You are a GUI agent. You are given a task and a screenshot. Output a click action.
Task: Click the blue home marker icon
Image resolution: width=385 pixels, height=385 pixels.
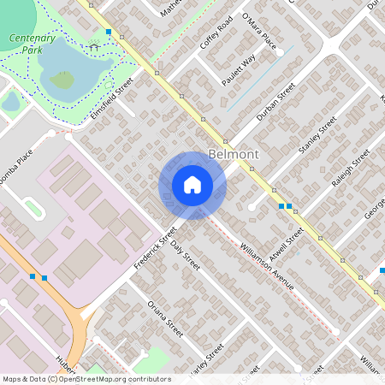click(x=192, y=185)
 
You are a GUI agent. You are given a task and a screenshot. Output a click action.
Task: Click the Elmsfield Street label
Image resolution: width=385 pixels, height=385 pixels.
click(x=112, y=99)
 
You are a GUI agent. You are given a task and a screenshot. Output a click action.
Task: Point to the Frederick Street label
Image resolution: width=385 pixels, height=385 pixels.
click(x=155, y=247)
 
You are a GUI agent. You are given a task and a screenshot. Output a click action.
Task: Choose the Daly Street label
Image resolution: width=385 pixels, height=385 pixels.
click(x=185, y=256)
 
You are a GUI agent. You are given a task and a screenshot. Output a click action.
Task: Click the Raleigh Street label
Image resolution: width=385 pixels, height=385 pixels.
click(x=350, y=169)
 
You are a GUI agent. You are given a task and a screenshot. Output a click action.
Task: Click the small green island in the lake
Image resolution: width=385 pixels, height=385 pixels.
click(x=62, y=80)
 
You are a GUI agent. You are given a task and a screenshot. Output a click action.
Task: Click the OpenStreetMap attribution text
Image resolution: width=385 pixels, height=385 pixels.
click(x=86, y=379)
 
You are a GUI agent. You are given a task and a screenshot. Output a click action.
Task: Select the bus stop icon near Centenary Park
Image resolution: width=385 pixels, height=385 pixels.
click(x=109, y=32)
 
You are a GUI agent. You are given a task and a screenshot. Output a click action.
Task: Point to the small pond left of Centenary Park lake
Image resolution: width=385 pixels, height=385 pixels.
click(x=10, y=103)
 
